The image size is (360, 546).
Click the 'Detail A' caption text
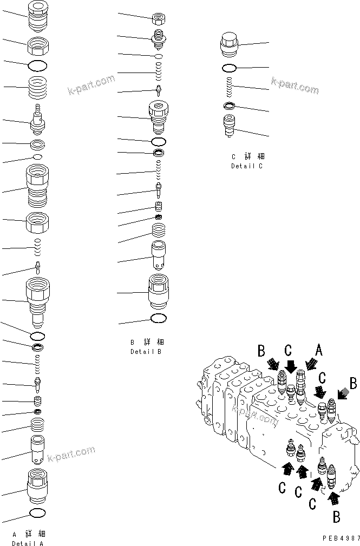click(28, 543)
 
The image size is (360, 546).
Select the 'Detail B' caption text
click(146, 351)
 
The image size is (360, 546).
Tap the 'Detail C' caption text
click(246, 166)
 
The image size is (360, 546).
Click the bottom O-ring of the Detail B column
click(159, 318)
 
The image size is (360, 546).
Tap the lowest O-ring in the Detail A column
click(37, 512)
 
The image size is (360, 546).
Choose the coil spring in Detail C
click(228, 87)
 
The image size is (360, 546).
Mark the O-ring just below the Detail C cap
click(228, 68)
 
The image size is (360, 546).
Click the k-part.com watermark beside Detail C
click(294, 84)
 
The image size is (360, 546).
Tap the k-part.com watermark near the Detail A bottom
click(70, 453)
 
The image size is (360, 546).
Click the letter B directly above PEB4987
click(336, 517)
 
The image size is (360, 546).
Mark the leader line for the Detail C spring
click(252, 88)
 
